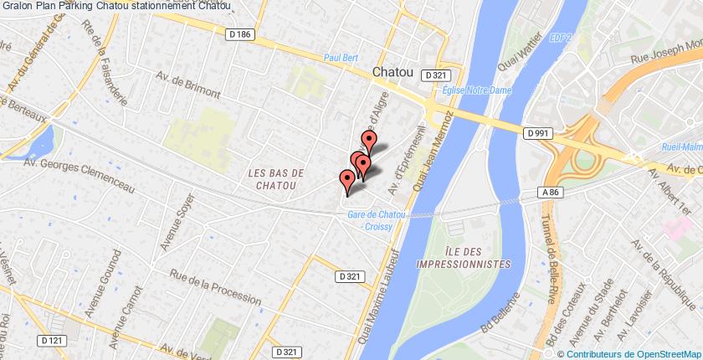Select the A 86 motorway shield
click(549, 193)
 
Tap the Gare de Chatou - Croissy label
click(377, 220)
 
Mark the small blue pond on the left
click(40, 142)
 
